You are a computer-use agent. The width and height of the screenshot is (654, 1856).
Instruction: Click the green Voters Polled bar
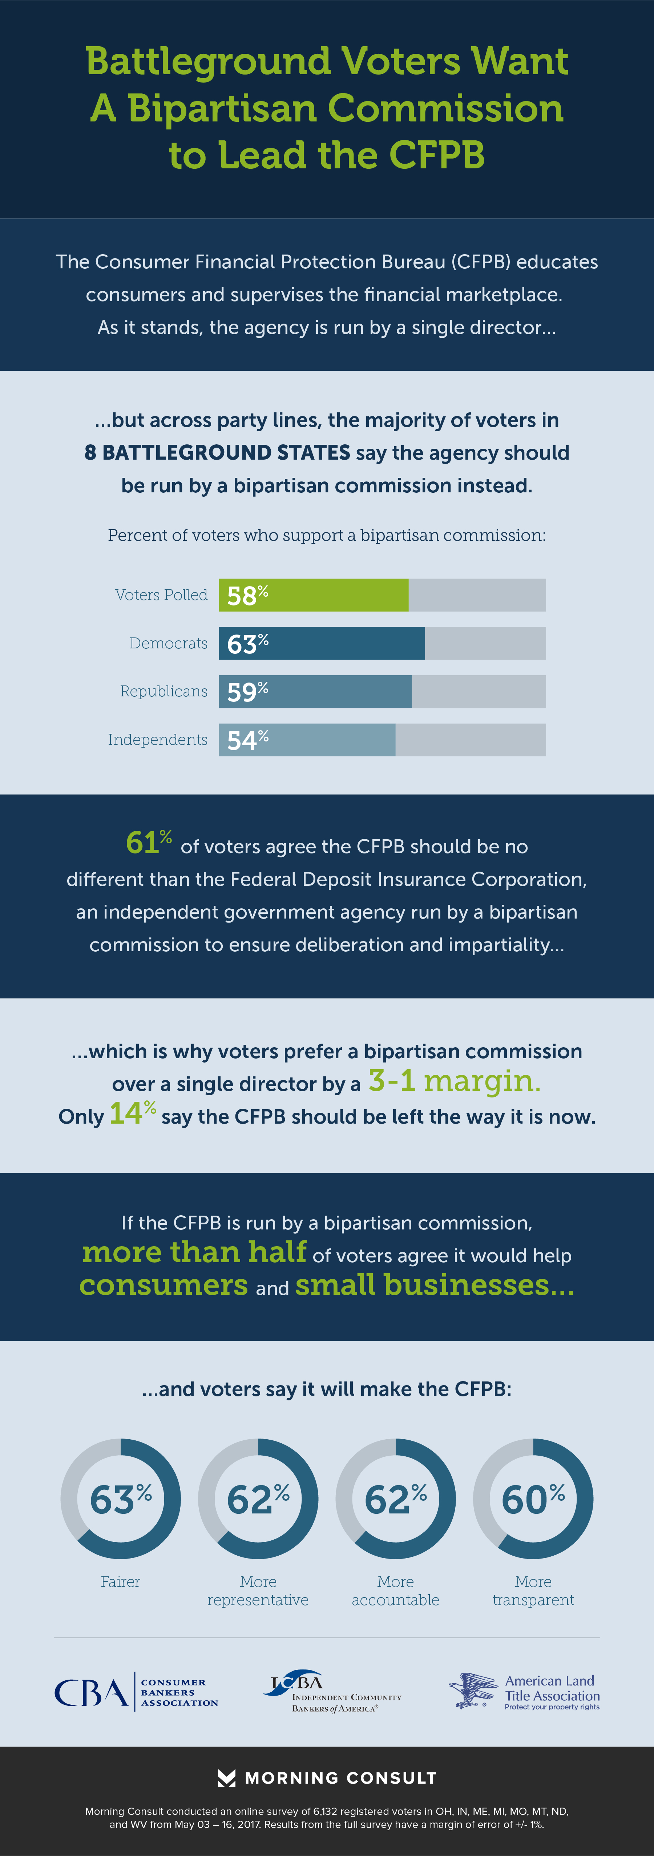click(x=313, y=595)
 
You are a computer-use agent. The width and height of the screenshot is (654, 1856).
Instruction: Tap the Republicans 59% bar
click(x=315, y=692)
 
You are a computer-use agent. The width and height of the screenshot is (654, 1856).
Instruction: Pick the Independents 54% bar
click(x=307, y=740)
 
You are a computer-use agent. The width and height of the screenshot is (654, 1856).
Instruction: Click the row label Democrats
click(x=169, y=643)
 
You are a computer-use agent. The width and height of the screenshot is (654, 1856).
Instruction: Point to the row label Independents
click(x=158, y=740)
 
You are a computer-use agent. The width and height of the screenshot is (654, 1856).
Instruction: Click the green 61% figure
click(x=148, y=842)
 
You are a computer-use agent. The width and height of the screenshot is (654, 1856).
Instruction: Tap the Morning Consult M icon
click(x=226, y=1778)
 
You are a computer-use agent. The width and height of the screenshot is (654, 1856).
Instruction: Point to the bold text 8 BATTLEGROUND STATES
click(x=218, y=452)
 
